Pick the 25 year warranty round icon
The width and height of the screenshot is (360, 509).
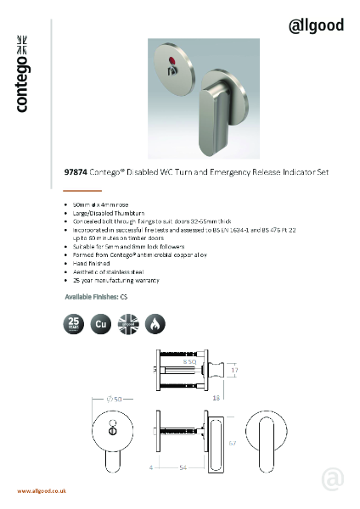(x=75, y=323)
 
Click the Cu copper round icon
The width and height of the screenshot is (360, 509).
(x=101, y=323)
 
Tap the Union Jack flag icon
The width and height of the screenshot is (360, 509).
(x=128, y=323)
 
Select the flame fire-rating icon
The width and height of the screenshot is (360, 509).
(x=155, y=323)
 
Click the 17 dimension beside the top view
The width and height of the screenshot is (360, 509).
(x=234, y=370)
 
